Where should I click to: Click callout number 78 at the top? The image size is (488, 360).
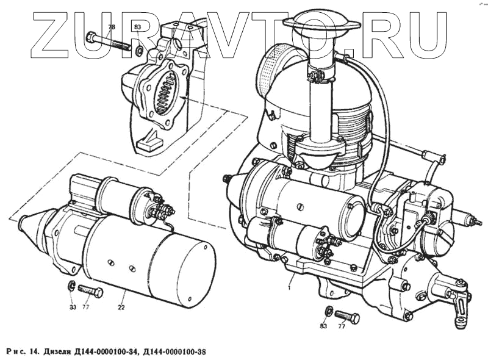(111, 27)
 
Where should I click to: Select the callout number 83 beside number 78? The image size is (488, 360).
(137, 27)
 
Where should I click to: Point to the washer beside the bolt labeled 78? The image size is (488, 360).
(140, 50)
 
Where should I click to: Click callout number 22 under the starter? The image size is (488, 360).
(121, 306)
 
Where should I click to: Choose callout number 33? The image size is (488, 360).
(73, 306)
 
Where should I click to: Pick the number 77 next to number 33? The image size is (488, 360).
(86, 306)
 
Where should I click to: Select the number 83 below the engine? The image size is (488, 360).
(324, 326)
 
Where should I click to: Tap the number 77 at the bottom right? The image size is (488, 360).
(342, 326)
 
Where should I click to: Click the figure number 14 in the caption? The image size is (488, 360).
(34, 350)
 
